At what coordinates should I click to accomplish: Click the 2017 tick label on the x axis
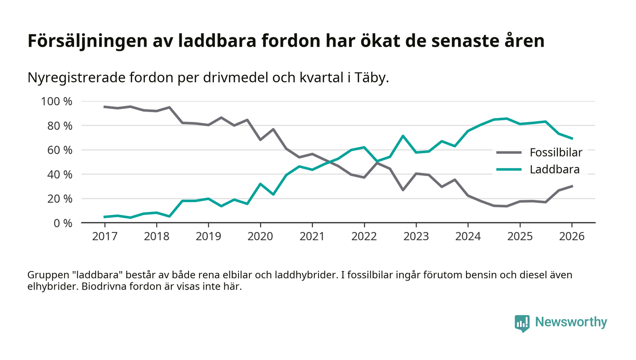pyautogui.click(x=104, y=237)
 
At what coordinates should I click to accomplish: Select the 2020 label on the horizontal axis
pyautogui.click(x=260, y=237)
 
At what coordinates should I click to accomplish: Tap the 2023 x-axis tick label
pyautogui.click(x=416, y=237)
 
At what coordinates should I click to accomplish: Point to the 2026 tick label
pyautogui.click(x=572, y=237)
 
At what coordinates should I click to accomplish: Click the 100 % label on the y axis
pyautogui.click(x=57, y=101)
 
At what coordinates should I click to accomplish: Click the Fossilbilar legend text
pyautogui.click(x=556, y=153)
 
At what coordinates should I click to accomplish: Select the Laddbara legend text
pyautogui.click(x=555, y=170)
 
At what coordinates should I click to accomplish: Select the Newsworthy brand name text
pyautogui.click(x=571, y=322)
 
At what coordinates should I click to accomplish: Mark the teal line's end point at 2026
pyautogui.click(x=572, y=138)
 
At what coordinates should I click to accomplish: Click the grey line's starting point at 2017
pyautogui.click(x=104, y=107)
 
